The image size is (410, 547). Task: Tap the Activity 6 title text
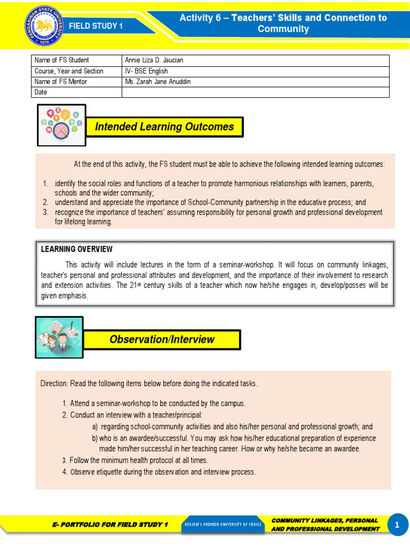tap(283, 23)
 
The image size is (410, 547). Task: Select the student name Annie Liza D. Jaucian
tap(154, 60)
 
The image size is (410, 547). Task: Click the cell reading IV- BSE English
tap(146, 71)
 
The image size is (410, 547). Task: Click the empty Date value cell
tap(255, 92)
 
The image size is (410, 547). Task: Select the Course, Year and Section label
tap(69, 71)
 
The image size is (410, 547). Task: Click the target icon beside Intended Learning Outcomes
tap(61, 125)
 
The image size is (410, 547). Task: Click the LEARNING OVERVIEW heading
tap(77, 249)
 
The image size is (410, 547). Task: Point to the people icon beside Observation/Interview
tap(59, 337)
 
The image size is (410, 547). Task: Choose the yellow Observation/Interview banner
tap(162, 339)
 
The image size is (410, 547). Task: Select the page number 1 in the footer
tap(397, 525)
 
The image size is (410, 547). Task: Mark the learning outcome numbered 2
tap(210, 202)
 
